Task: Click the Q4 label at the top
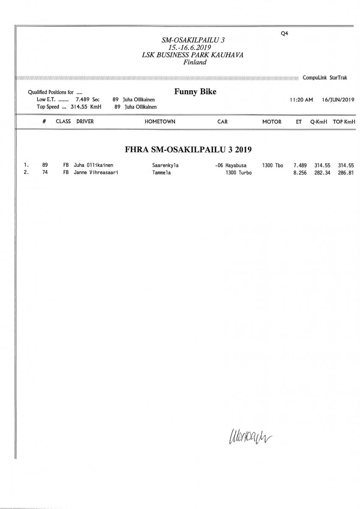coord(284,34)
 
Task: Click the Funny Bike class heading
coord(195,91)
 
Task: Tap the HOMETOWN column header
coord(160,122)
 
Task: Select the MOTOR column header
coord(272,122)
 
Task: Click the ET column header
coord(299,122)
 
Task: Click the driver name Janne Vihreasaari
coord(96,173)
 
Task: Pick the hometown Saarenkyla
coord(165,165)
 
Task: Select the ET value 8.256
coord(300,173)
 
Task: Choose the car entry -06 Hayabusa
coord(233,165)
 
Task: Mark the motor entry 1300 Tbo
coord(273,165)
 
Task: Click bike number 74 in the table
coord(45,173)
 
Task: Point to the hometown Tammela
coord(161,173)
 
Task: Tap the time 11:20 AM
coord(301,100)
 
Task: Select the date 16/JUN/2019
coord(338,100)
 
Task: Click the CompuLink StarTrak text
coord(325,78)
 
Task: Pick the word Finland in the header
coord(195,62)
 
